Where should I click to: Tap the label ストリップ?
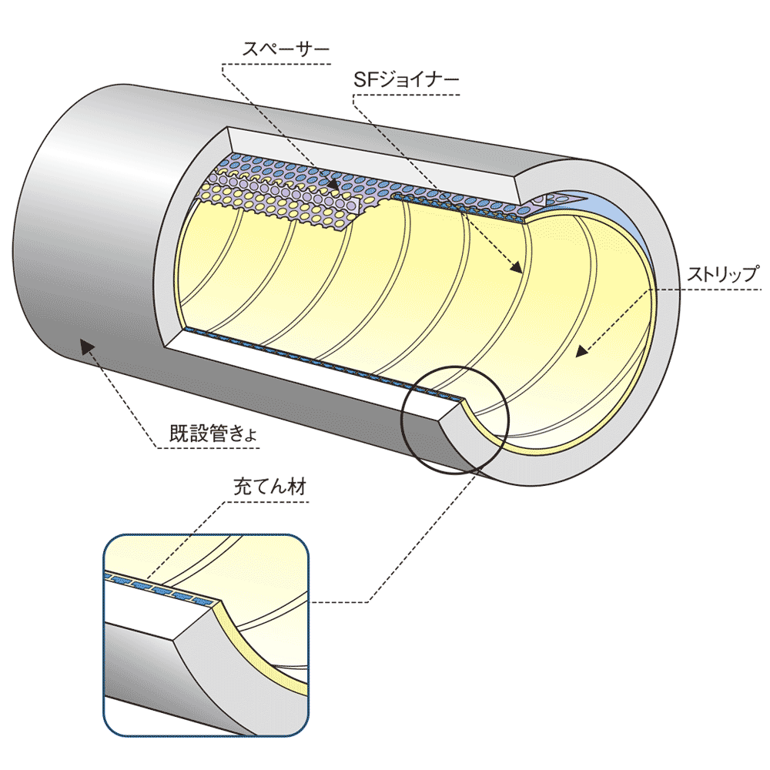(722, 274)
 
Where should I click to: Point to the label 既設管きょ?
(213, 433)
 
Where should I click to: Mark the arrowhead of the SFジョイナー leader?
(517, 268)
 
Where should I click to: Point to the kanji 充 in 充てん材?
(241, 488)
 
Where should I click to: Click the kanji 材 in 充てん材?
(297, 488)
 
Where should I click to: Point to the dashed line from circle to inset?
(416, 539)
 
